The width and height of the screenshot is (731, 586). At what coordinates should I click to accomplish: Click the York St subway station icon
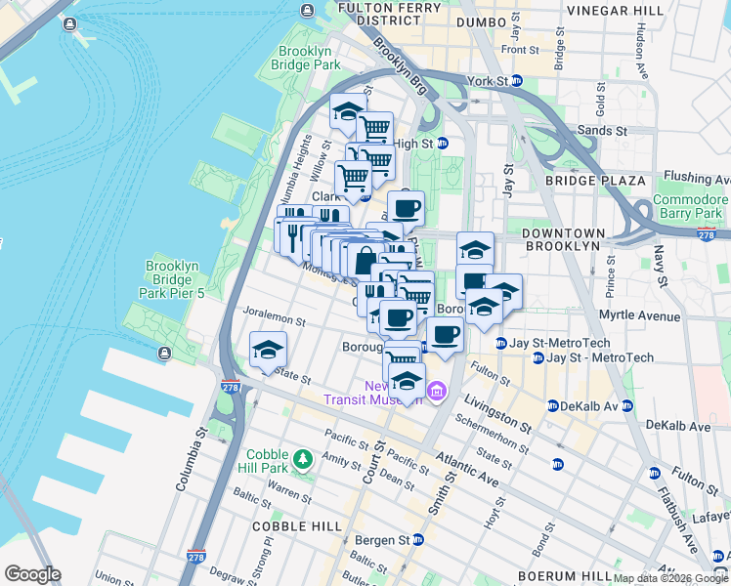click(517, 81)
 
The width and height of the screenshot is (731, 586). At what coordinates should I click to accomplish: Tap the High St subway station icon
click(442, 143)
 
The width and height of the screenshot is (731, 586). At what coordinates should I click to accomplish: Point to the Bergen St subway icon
click(418, 539)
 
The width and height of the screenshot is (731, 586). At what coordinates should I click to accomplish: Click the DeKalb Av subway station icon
click(552, 405)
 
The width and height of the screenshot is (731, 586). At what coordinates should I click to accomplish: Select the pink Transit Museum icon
click(436, 393)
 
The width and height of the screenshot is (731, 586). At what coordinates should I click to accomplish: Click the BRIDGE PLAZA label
click(595, 181)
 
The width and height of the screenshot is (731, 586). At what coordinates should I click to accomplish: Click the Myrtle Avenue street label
click(642, 316)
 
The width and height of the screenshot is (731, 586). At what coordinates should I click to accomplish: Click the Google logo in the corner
click(31, 574)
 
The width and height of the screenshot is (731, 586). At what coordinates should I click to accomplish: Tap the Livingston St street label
click(497, 413)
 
